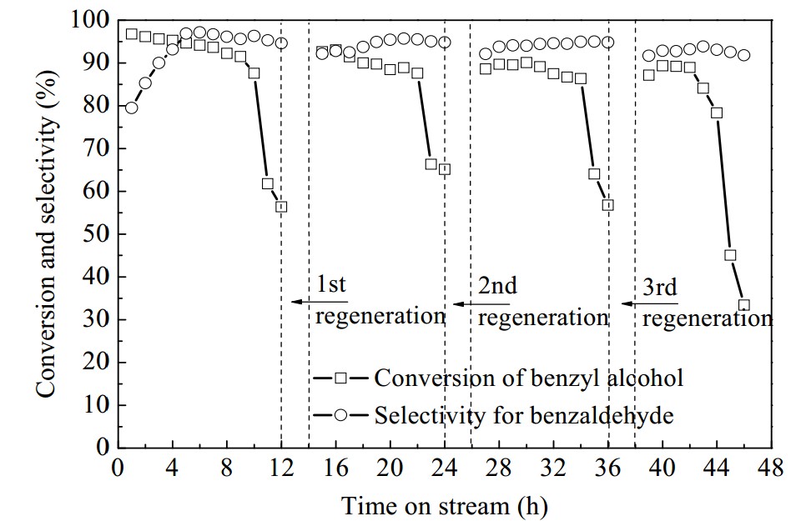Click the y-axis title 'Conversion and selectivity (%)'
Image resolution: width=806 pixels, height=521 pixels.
pyautogui.click(x=46, y=233)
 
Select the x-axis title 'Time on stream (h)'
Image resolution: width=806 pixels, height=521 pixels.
pyautogui.click(x=444, y=506)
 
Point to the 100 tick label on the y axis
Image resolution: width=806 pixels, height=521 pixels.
pyautogui.click(x=89, y=21)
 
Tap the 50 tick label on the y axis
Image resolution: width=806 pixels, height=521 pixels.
pyautogui.click(x=96, y=233)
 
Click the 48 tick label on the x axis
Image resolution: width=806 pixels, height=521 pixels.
pyautogui.click(x=771, y=468)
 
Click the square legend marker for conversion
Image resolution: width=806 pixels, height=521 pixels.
pyautogui.click(x=340, y=378)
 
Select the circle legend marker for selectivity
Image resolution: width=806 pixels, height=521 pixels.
pyautogui.click(x=340, y=414)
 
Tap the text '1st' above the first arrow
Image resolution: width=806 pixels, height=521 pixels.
pyautogui.click(x=330, y=284)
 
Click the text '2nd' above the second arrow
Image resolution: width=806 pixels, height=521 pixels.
pyautogui.click(x=497, y=285)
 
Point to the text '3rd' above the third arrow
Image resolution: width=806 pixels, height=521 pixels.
pyautogui.click(x=660, y=288)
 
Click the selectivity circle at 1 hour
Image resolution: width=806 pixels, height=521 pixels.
pyautogui.click(x=132, y=108)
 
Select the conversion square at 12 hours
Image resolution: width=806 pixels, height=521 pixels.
pyautogui.click(x=281, y=207)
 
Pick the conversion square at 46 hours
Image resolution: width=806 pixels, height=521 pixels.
pyautogui.click(x=743, y=305)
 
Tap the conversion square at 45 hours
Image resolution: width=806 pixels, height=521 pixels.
pyautogui.click(x=730, y=255)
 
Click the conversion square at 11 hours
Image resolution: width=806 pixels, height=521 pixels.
pyautogui.click(x=267, y=183)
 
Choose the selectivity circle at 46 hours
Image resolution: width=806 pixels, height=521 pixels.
pyautogui.click(x=743, y=55)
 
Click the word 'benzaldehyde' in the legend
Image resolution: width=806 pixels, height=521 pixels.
pyautogui.click(x=602, y=414)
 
